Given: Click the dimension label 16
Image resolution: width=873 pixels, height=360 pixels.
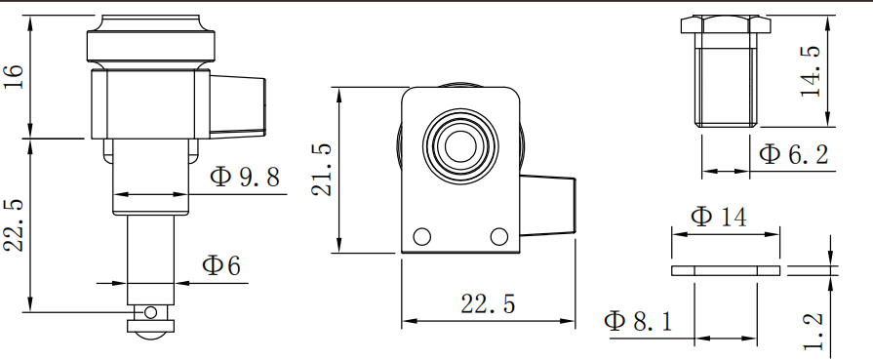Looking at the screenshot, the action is click(x=14, y=76).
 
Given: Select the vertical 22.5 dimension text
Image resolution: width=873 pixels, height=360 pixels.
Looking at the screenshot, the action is click(x=15, y=225).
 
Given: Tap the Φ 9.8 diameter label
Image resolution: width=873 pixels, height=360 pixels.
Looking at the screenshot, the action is click(x=245, y=178).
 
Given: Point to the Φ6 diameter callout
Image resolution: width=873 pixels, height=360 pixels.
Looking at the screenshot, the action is click(x=221, y=265).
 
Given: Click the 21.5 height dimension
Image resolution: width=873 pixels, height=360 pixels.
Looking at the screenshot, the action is click(x=322, y=170).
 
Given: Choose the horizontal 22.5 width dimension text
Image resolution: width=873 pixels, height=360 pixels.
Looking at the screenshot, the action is click(x=488, y=304).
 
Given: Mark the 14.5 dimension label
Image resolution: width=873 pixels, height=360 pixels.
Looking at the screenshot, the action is click(x=811, y=71).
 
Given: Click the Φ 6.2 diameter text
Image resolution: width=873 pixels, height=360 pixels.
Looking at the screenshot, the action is click(x=794, y=154).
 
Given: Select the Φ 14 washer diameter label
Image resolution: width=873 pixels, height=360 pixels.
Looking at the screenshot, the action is click(x=718, y=217).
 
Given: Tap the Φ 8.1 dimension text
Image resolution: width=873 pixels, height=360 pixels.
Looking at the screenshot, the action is click(x=638, y=321).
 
